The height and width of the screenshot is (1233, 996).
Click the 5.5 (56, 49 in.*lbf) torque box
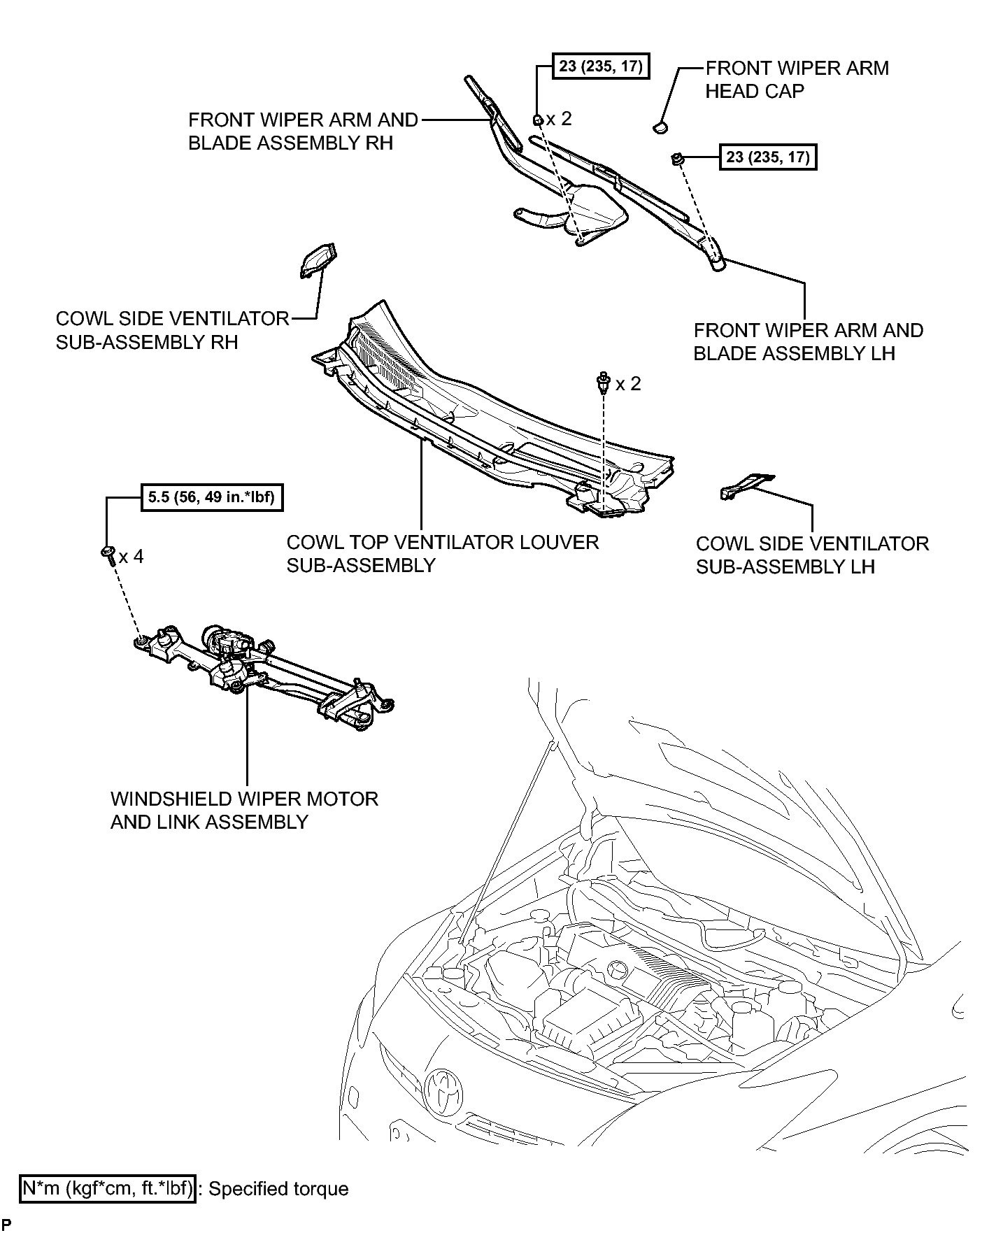tap(212, 499)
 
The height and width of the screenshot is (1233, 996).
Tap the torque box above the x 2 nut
tap(601, 67)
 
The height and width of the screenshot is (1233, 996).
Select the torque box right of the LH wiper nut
tap(767, 157)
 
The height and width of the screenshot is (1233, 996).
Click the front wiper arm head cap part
tap(660, 127)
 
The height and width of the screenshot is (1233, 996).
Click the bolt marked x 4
tap(108, 554)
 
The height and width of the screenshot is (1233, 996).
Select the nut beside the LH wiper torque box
tap(677, 159)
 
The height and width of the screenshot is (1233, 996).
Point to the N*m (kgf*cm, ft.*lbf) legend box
tap(108, 1188)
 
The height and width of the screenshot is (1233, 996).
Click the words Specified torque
tap(278, 1189)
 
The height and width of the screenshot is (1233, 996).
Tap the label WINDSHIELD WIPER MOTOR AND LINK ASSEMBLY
tap(244, 810)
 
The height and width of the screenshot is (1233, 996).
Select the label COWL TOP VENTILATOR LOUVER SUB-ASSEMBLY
tap(442, 553)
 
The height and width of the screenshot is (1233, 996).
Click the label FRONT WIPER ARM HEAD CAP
tap(796, 80)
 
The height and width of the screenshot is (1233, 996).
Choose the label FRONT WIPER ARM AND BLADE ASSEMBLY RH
tap(302, 131)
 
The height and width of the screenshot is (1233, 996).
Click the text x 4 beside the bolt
tap(131, 557)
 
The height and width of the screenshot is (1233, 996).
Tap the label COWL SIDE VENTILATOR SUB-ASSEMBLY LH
tap(811, 555)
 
